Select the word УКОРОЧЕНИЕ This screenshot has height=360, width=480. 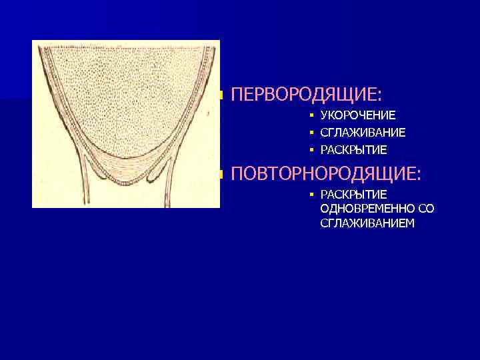click(358, 115)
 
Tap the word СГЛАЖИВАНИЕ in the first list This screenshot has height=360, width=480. click(363, 133)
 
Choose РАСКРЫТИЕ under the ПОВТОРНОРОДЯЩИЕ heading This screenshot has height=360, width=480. click(353, 195)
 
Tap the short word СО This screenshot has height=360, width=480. click(427, 209)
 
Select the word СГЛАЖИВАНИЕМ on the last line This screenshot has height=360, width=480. click(367, 223)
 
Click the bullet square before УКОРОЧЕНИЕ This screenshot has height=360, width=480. click(311, 115)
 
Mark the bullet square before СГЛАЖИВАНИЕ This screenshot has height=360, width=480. click(311, 133)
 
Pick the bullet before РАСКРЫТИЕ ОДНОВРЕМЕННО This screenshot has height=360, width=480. click(311, 195)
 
